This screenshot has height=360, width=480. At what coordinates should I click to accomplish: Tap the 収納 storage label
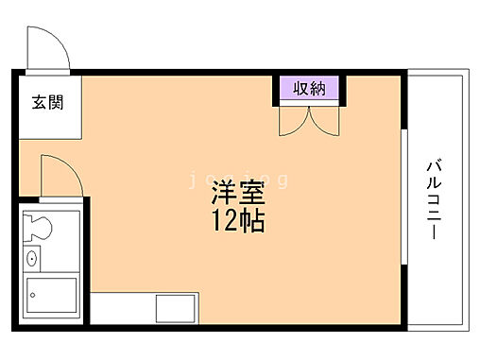pyautogui.click(x=308, y=89)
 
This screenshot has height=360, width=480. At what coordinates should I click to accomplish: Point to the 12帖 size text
pyautogui.click(x=236, y=223)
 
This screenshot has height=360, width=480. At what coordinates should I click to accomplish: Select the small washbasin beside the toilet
pyautogui.click(x=32, y=256)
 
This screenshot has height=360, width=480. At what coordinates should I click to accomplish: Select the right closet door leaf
pyautogui.click(x=326, y=121)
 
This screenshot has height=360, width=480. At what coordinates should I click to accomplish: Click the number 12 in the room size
pyautogui.click(x=224, y=223)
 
